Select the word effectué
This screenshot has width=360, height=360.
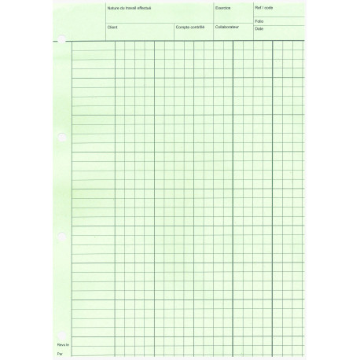[x=145, y=7]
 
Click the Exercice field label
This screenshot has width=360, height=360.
[x=223, y=7]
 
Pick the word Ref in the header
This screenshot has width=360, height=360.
[x=258, y=7]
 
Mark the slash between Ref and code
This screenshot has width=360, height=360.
[x=263, y=7]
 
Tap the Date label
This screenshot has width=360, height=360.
[x=259, y=28]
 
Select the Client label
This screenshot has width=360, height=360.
[x=112, y=27]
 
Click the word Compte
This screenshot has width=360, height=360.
[x=183, y=27]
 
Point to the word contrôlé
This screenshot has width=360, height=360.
[x=198, y=27]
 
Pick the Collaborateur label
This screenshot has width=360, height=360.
[x=227, y=27]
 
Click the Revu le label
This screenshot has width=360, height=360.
[x=64, y=344]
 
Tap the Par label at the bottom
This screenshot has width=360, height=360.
[x=60, y=354]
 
